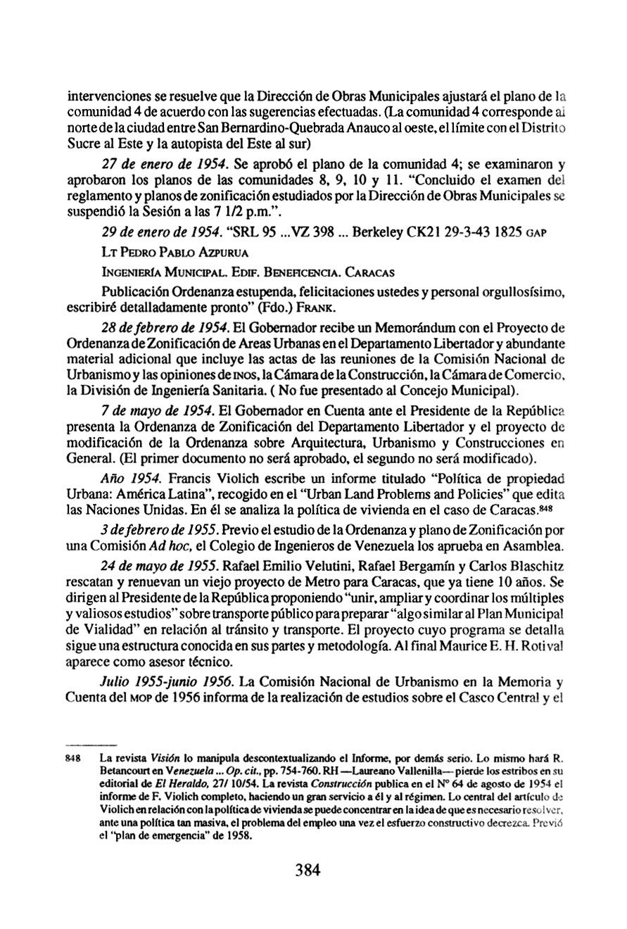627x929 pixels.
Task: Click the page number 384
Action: click(308, 870)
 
